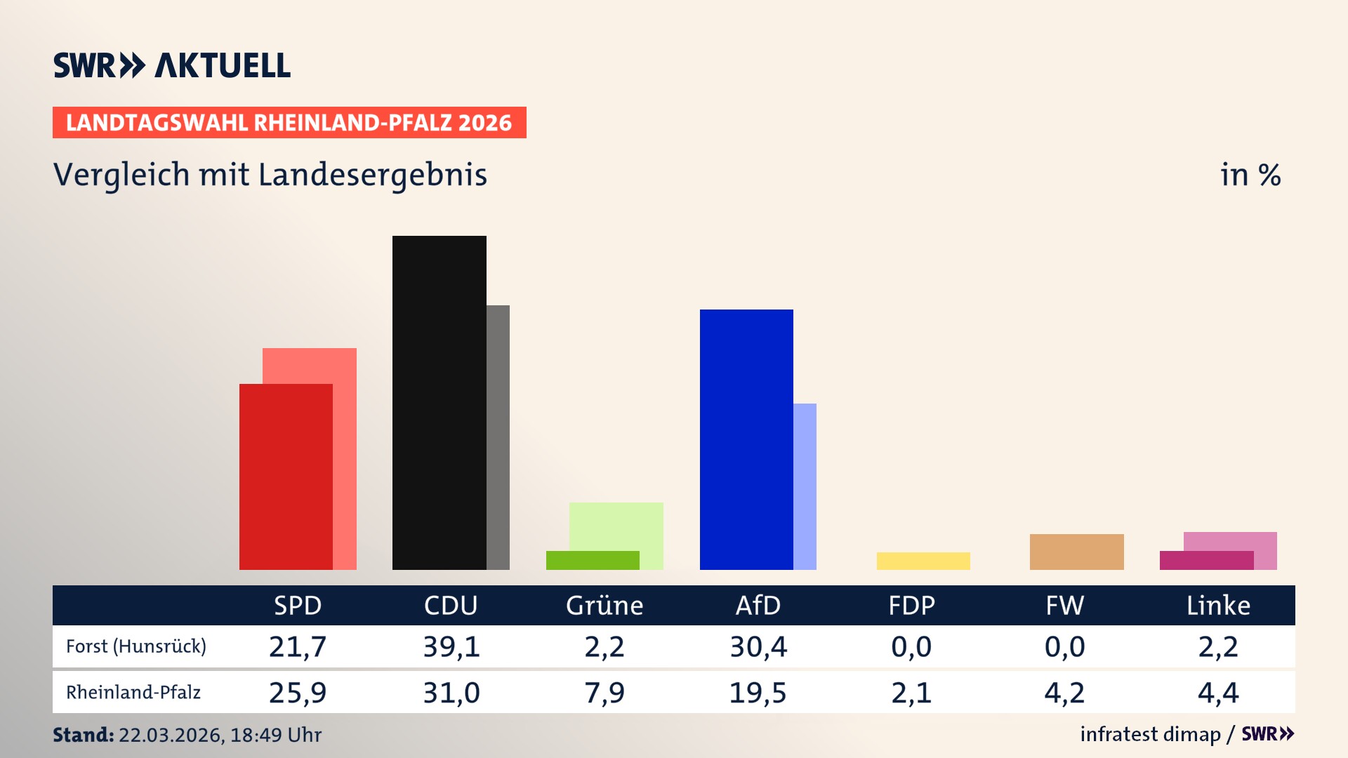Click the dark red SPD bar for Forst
(286, 477)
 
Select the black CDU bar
(439, 403)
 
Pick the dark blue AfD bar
(746, 439)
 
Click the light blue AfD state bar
(805, 486)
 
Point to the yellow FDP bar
(923, 561)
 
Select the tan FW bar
(1076, 552)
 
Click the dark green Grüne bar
(593, 560)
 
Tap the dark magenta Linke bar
(1206, 560)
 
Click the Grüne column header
(604, 606)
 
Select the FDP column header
(911, 606)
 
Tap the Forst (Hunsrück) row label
(136, 646)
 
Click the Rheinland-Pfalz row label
(133, 693)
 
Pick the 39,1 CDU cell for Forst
(451, 646)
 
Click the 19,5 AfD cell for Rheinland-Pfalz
(758, 693)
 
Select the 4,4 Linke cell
(1218, 693)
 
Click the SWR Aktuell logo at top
(172, 65)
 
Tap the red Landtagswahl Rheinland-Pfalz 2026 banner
(289, 123)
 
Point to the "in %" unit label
(1250, 175)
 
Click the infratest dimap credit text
(1150, 734)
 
